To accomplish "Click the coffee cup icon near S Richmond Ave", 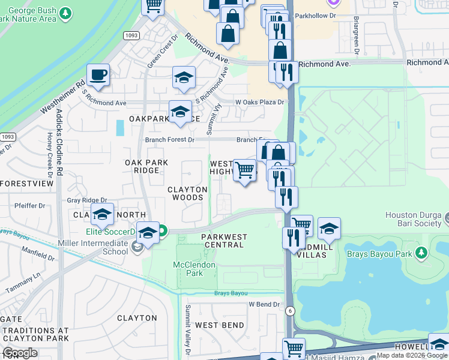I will click(x=98, y=76).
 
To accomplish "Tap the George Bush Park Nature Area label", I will click(x=33, y=14).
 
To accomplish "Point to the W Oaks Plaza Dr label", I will click(x=259, y=103).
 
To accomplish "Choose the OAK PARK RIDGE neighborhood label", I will click(x=142, y=167).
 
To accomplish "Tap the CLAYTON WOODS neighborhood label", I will click(x=187, y=193).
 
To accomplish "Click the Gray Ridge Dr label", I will click(x=86, y=200).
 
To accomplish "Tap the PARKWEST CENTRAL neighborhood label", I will click(x=223, y=241).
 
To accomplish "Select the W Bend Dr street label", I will click(x=265, y=304).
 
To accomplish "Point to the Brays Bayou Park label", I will click(x=380, y=254).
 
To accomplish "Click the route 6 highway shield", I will click(x=290, y=310).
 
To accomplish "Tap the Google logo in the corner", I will click(x=20, y=353).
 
